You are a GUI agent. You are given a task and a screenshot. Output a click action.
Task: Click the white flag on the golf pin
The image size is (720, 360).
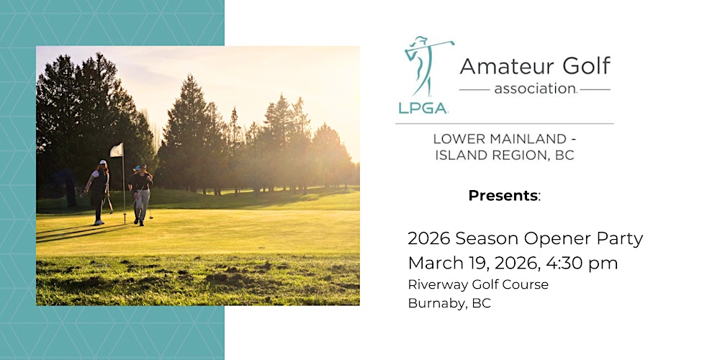pos(116,150)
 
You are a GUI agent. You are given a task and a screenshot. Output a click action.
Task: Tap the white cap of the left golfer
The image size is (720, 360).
pos(103,163)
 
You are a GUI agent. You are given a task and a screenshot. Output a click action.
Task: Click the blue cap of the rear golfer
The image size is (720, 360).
pos(136,168)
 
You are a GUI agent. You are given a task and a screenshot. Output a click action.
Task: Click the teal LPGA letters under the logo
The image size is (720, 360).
pos(423,107)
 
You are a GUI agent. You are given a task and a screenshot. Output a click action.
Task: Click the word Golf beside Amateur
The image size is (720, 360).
pos(584,66)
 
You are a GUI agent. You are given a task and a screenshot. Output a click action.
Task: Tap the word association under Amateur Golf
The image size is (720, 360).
pos(534,90)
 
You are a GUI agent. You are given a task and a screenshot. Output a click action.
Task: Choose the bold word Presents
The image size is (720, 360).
pos(503,195)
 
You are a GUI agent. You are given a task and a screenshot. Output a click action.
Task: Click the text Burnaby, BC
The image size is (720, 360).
pos(449,303)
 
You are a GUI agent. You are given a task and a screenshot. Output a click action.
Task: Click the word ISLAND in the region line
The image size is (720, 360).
pos(462,155)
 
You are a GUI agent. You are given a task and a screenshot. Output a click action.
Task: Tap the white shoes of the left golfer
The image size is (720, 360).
pos(99,222)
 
